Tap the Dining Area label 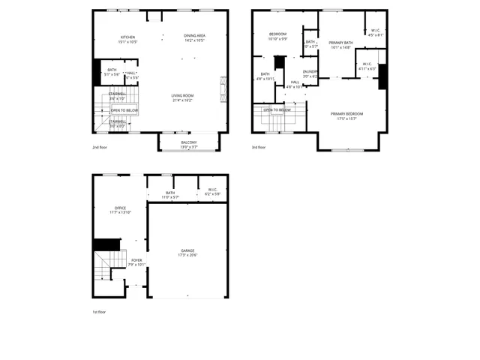point(195,36)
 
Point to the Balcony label point(189,142)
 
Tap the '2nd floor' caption point(100,148)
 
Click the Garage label point(187,250)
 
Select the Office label point(120,208)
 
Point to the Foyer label point(137,260)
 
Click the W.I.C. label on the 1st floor point(212,190)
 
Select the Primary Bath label point(340,43)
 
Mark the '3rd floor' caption point(259,148)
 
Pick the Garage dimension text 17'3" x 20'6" point(187,255)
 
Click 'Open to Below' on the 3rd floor point(277,109)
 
